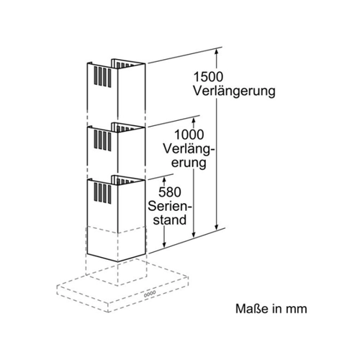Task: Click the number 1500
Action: pyautogui.click(x=208, y=77)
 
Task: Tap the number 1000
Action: pyautogui.click(x=189, y=135)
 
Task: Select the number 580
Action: pyautogui.click(x=170, y=192)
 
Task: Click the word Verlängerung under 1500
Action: pyautogui.click(x=234, y=91)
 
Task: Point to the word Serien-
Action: pyautogui.click(x=170, y=206)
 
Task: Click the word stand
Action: pyautogui.click(x=170, y=220)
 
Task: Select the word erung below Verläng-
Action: pyautogui.click(x=189, y=163)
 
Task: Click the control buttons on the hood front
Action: pyautogui.click(x=150, y=294)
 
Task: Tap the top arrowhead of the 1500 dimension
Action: pyautogui.click(x=217, y=52)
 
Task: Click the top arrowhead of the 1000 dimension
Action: pyautogui.click(x=194, y=120)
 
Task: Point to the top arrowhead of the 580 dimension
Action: pyautogui.click(x=164, y=180)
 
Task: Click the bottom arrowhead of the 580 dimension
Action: pyautogui.click(x=164, y=244)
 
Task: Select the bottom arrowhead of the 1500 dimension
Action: pyautogui.click(x=217, y=226)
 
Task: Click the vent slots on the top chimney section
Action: pyautogui.click(x=102, y=76)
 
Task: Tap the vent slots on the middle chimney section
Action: pyautogui.click(x=102, y=140)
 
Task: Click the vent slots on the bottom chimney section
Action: pyautogui.click(x=102, y=193)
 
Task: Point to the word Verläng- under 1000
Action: pyautogui.click(x=189, y=149)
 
